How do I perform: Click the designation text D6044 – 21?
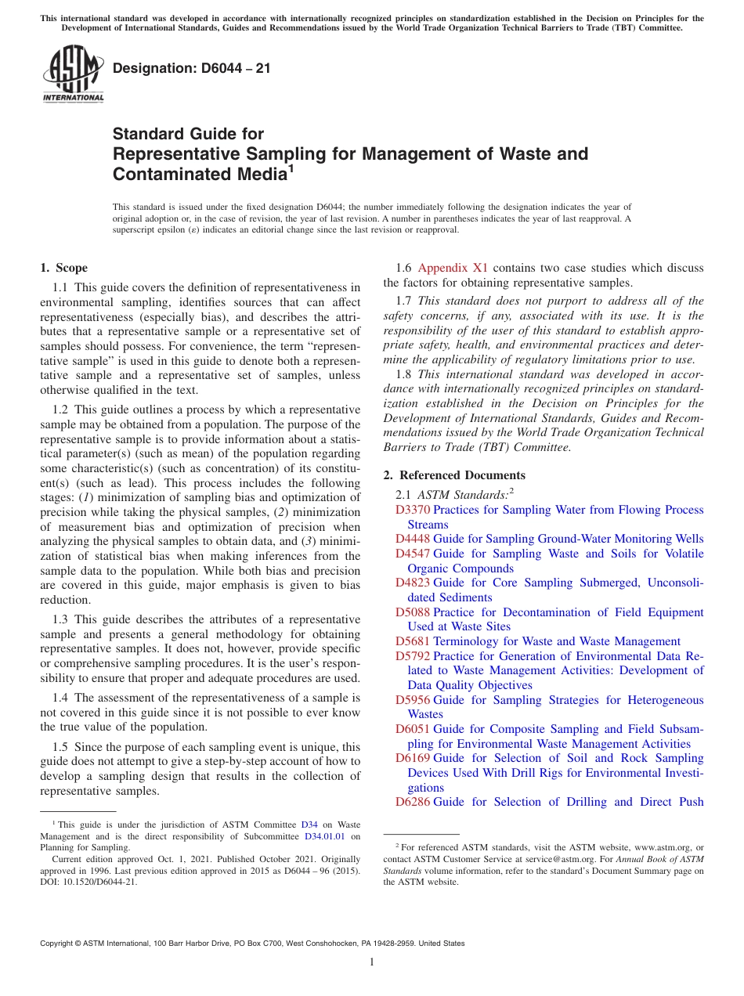click(x=192, y=68)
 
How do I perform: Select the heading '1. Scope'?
click(x=64, y=268)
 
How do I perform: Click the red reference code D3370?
click(x=413, y=510)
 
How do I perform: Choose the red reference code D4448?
click(x=413, y=539)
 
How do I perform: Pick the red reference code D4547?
click(x=413, y=554)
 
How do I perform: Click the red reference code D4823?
click(x=413, y=583)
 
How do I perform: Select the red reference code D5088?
click(x=413, y=612)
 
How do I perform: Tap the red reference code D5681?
click(x=413, y=641)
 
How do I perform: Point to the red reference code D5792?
click(x=413, y=656)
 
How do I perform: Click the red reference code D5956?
click(x=413, y=700)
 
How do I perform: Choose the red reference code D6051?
click(x=413, y=729)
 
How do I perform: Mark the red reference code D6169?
click(x=413, y=758)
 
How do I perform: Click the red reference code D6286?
click(x=413, y=802)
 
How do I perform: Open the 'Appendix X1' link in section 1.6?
click(x=453, y=268)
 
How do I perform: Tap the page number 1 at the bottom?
click(x=372, y=962)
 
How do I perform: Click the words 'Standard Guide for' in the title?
click(x=189, y=134)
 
